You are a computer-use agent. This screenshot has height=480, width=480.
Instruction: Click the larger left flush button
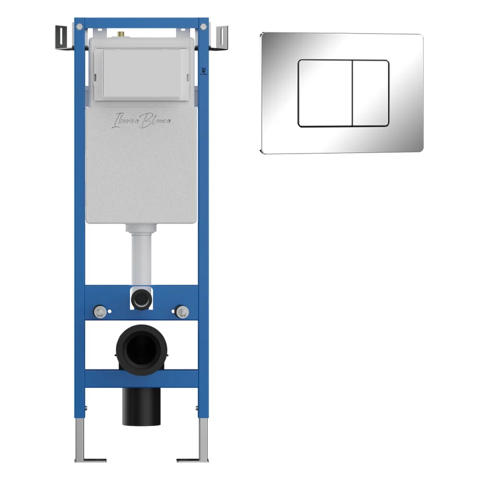point(325,94)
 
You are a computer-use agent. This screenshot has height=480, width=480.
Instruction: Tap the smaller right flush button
point(371,94)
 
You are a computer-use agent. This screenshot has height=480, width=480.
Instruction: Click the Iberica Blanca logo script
point(142,120)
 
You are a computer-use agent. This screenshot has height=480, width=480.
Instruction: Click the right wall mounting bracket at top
point(219,38)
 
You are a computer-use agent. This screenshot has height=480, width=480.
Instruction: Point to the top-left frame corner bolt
point(79,26)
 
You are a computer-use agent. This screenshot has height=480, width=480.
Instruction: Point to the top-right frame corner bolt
point(204,26)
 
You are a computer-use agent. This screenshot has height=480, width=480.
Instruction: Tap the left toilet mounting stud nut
point(100,312)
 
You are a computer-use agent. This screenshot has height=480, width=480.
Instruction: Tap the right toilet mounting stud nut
point(182,312)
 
